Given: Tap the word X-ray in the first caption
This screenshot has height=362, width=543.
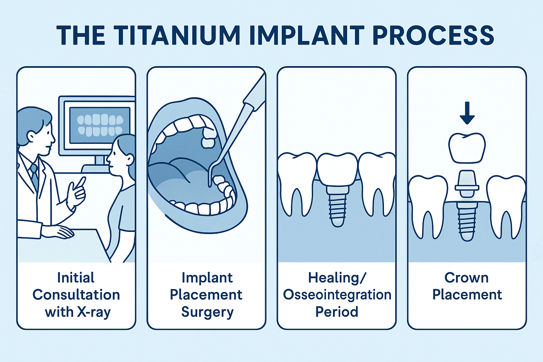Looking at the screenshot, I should coord(95,312).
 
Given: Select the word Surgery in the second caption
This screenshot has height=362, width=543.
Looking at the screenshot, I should coord(207,312).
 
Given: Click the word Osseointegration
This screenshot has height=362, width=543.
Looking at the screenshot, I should coord(337,294).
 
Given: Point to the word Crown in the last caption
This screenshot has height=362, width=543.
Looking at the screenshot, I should coord(466,278).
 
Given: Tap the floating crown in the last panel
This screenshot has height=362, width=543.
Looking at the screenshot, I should coord(467,148).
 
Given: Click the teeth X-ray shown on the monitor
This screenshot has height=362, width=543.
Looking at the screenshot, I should coord(100,125).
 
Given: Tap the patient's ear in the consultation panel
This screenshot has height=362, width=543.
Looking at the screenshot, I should coord(130,159).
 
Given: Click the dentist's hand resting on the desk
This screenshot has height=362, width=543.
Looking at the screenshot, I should coord(60,232).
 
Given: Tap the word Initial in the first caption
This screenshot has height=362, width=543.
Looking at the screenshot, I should coord(76,278).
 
